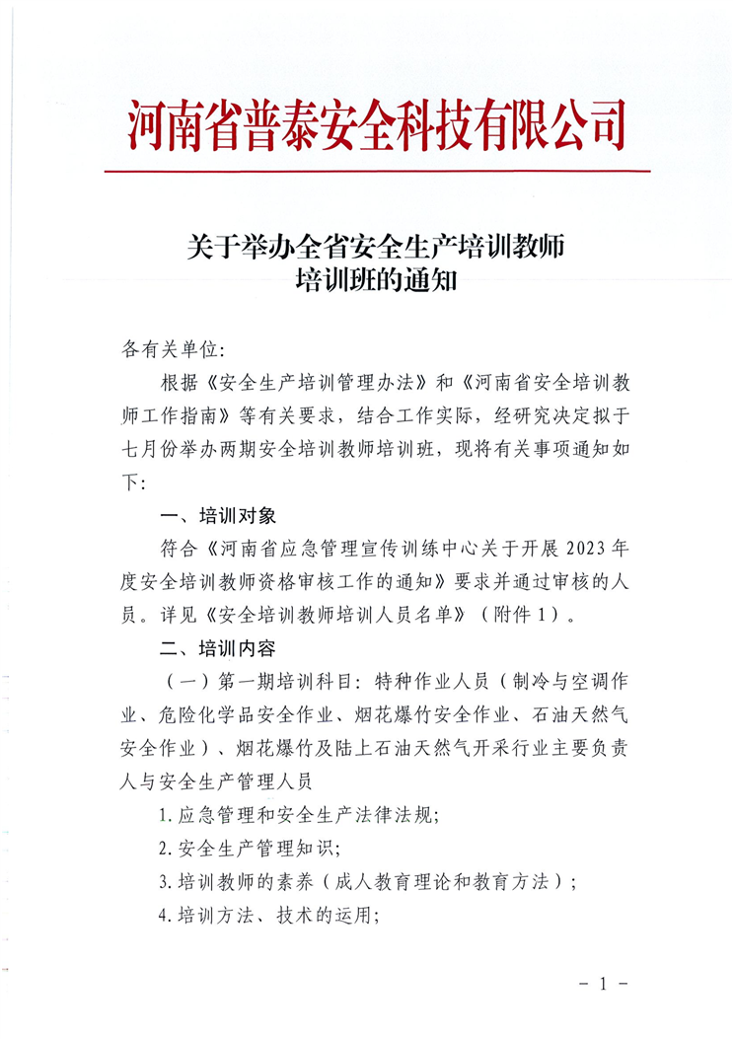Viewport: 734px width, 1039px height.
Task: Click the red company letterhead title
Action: coord(377,125)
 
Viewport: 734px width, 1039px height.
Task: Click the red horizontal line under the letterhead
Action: coord(377,171)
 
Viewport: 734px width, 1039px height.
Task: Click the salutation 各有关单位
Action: coord(173,349)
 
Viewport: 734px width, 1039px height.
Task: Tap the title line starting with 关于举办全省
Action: coord(376,245)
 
